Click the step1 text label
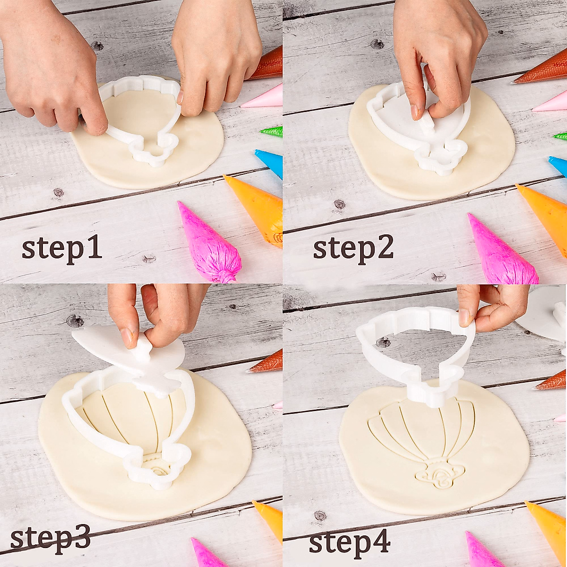(62, 249)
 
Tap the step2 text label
(353, 249)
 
